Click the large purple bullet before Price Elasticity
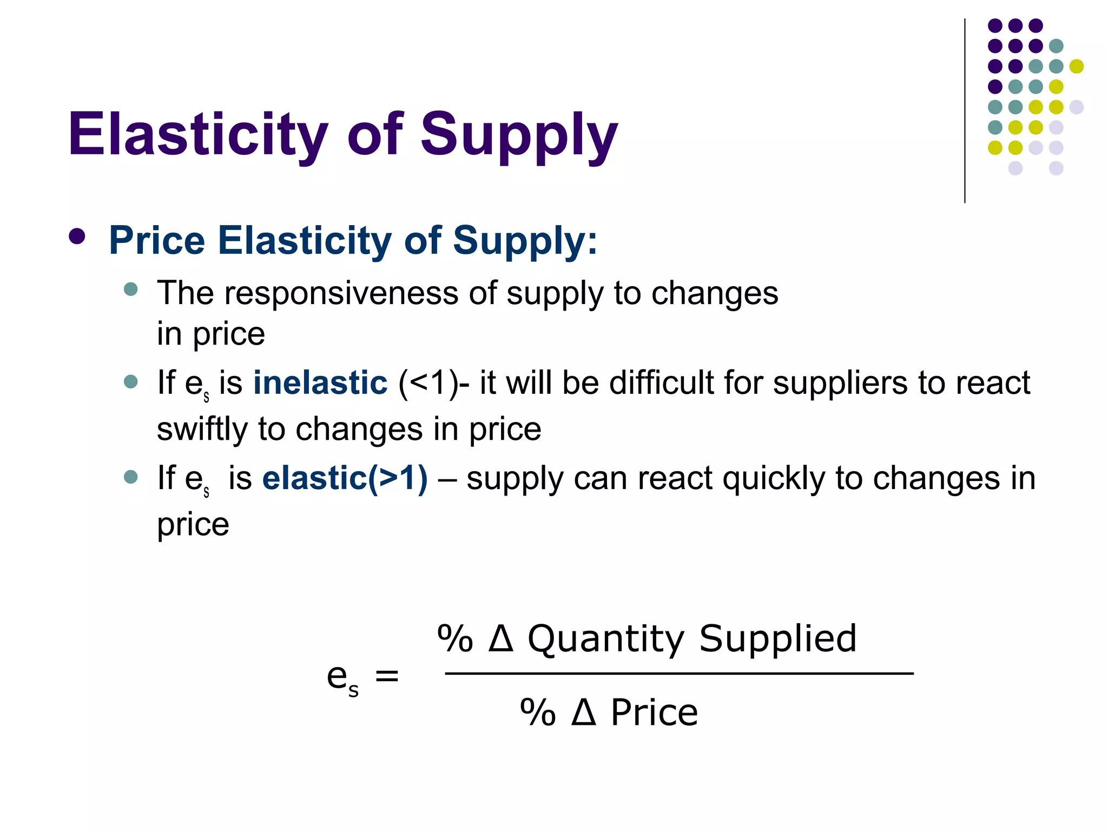77,236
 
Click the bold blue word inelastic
320,382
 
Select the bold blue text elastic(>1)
345,478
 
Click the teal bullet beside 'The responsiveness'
131,289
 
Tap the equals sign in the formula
387,676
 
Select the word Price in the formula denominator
654,713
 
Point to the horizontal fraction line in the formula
679,674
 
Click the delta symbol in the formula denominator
584,712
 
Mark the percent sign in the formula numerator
455,639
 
